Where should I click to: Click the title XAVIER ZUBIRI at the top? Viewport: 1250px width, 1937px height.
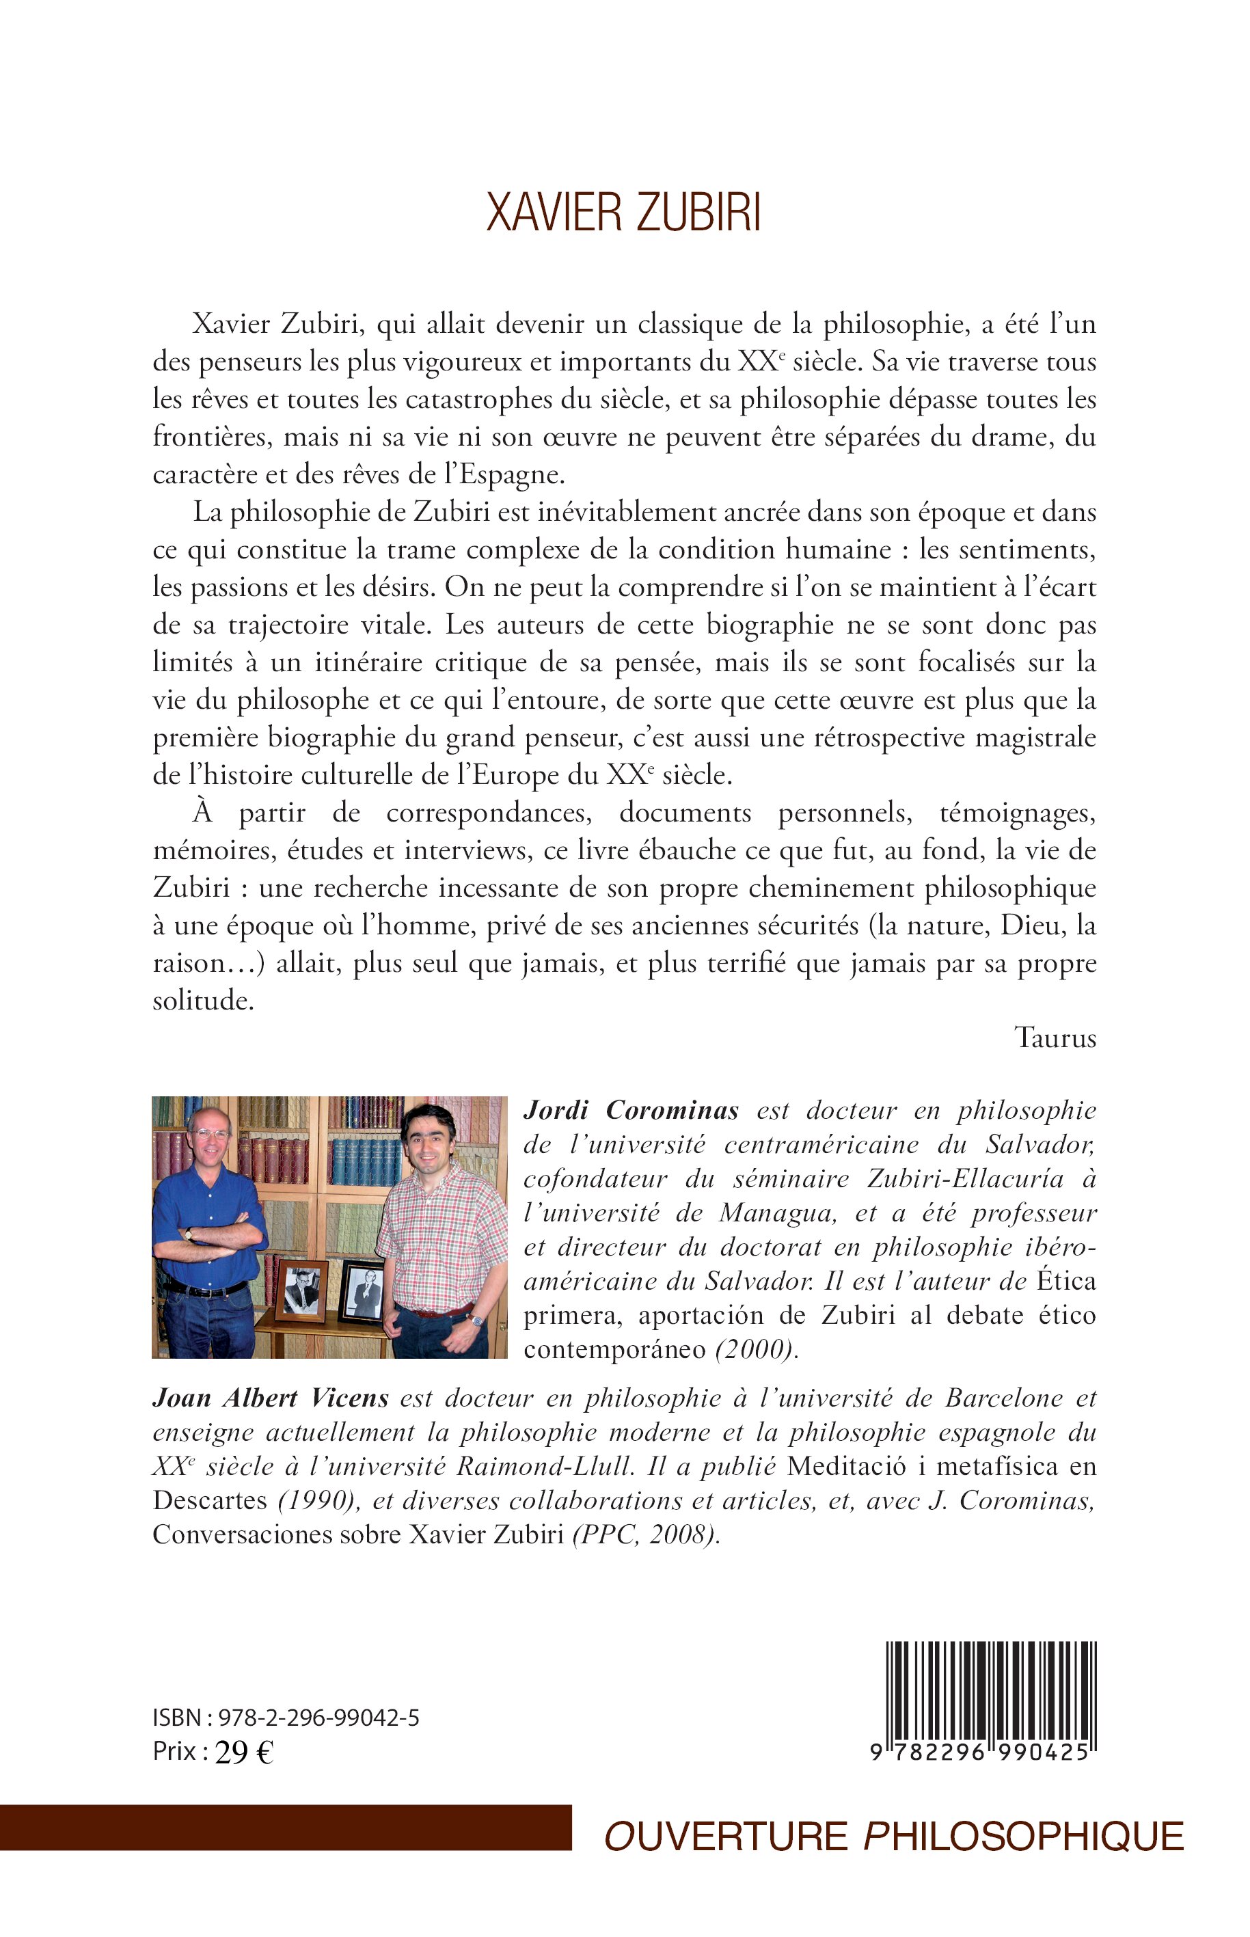point(623,213)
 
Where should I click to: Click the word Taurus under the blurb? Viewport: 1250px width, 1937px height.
point(1055,1038)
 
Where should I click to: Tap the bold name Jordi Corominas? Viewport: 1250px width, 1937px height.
point(631,1111)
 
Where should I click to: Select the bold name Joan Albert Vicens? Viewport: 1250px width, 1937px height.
point(270,1398)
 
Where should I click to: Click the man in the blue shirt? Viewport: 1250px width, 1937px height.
point(208,1234)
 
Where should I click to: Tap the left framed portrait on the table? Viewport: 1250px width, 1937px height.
point(301,1291)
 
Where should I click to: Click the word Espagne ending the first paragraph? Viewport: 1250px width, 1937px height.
point(513,475)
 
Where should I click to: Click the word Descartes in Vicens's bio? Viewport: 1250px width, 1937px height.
point(209,1500)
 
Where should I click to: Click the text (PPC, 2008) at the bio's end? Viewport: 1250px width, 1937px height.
point(645,1534)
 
